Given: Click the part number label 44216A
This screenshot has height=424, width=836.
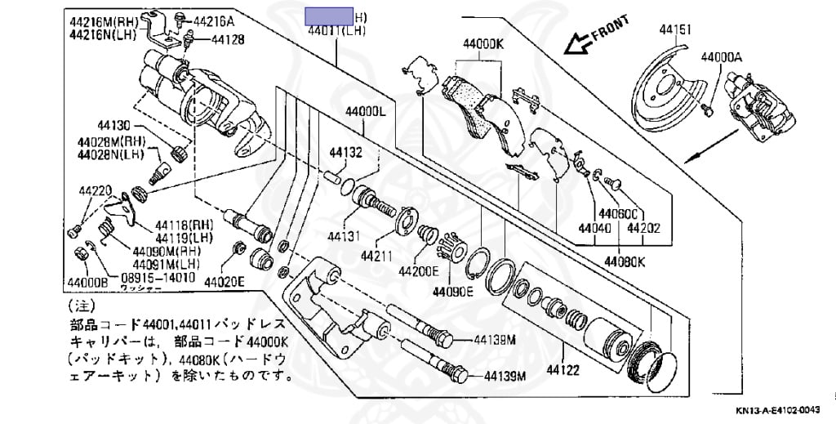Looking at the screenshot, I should [x=214, y=21].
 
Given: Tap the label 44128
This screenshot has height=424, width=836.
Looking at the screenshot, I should [x=216, y=38].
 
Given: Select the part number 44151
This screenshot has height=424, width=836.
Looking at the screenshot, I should [x=676, y=30].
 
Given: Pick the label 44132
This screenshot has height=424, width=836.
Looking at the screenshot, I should [x=345, y=152].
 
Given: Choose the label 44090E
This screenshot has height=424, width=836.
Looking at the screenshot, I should [x=453, y=291].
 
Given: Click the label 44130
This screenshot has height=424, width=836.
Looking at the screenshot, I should [x=113, y=126].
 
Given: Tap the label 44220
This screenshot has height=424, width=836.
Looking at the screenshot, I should [x=95, y=191].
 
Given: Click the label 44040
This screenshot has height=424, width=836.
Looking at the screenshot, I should [x=595, y=230].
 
